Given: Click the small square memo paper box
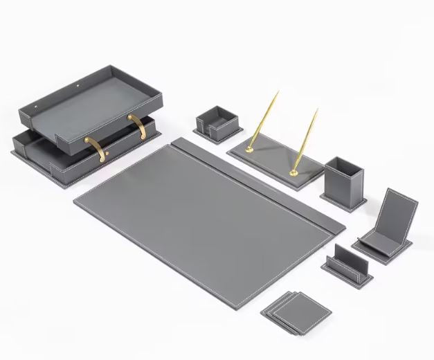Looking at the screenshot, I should [216, 120].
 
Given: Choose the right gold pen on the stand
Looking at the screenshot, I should [305, 138].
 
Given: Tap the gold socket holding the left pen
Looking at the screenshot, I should [249, 147].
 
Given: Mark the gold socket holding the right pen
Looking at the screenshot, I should [294, 171].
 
